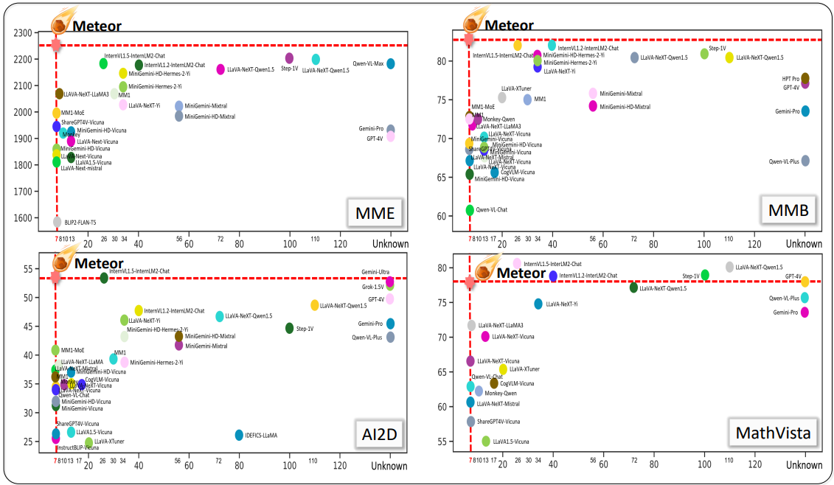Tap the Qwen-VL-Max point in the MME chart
click(391, 63)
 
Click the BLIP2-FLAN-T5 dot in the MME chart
click(57, 221)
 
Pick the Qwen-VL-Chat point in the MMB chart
click(470, 210)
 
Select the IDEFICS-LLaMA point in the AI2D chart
click(239, 435)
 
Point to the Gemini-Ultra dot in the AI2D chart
click(390, 281)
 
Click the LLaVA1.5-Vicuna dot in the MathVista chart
click(486, 441)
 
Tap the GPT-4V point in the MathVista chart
click(805, 282)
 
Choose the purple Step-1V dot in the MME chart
click(289, 57)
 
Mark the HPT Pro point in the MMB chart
click(805, 78)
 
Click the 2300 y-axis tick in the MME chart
click(24, 33)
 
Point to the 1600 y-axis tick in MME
click(24, 218)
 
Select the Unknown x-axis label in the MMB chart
click(805, 244)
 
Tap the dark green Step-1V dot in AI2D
click(289, 328)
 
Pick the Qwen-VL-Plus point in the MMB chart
click(805, 161)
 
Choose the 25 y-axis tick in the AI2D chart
click(27, 442)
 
